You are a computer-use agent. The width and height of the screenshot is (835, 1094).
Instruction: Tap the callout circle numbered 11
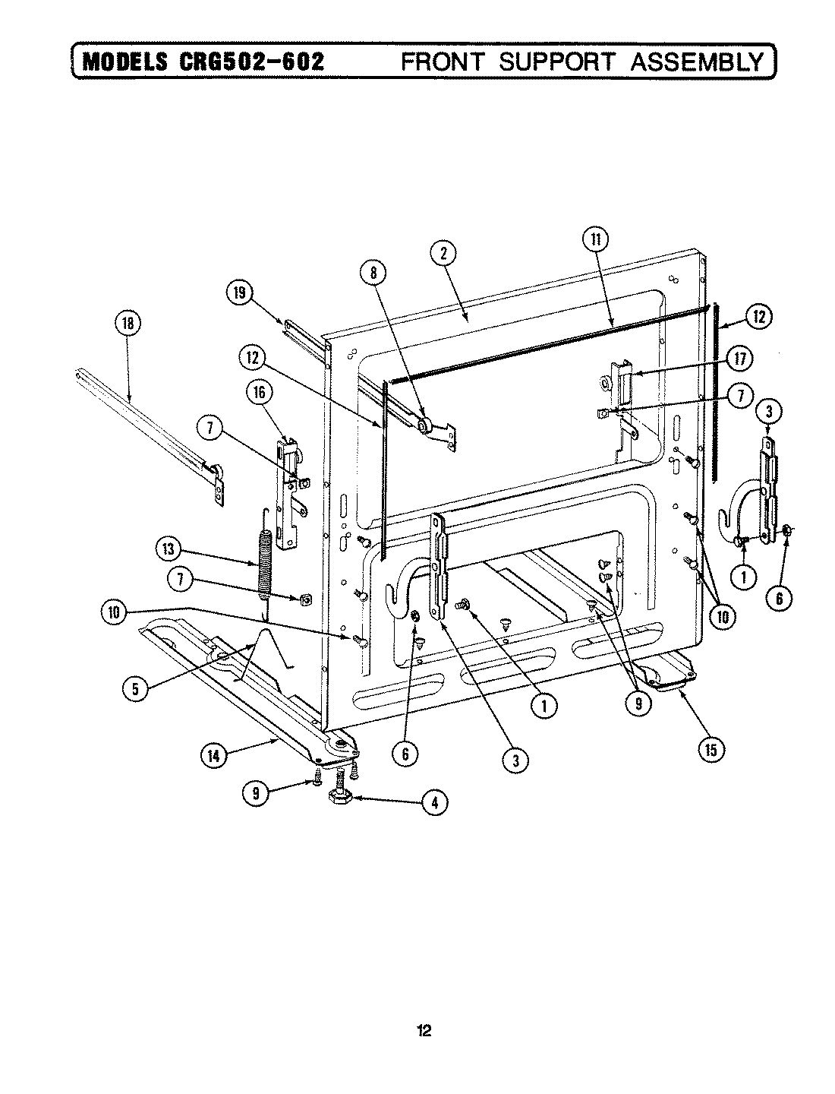(595, 240)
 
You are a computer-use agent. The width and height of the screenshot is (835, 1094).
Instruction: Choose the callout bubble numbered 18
(127, 324)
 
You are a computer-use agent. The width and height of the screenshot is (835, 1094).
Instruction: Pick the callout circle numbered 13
(169, 549)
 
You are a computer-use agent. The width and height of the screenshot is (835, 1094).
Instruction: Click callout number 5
(135, 688)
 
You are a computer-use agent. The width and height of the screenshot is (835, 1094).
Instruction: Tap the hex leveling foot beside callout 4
(336, 799)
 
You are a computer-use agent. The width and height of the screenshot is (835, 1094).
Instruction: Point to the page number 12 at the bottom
(424, 1031)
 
